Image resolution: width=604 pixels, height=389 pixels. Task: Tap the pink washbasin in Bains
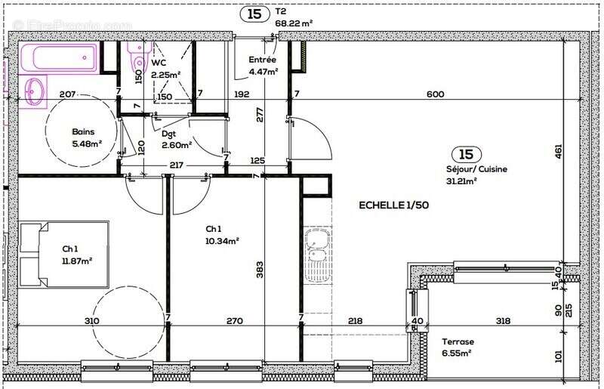(34, 93)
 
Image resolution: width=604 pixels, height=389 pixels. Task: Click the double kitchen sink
(319, 255)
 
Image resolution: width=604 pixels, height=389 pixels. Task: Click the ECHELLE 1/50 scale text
(393, 205)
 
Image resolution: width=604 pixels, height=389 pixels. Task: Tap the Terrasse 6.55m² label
(457, 347)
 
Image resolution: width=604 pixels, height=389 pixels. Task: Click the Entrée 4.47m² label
(263, 66)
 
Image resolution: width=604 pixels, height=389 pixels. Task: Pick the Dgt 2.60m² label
(176, 139)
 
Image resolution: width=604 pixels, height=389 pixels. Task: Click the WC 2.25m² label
(165, 69)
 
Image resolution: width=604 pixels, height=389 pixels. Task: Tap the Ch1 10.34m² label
(222, 235)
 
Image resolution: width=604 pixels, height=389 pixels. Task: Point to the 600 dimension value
(435, 94)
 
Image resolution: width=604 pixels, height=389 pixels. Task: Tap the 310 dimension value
(91, 321)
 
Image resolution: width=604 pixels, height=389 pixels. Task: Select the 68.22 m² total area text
(293, 23)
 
